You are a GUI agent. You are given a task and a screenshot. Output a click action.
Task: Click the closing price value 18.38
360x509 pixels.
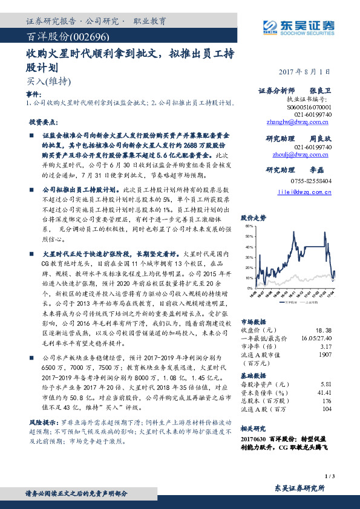(323, 330)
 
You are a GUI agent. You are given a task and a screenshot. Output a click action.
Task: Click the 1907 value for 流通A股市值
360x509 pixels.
(324, 355)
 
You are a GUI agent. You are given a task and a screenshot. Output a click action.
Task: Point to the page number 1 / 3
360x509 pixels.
(329, 477)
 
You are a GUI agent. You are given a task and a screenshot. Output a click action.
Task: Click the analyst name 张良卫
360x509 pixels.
(321, 91)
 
